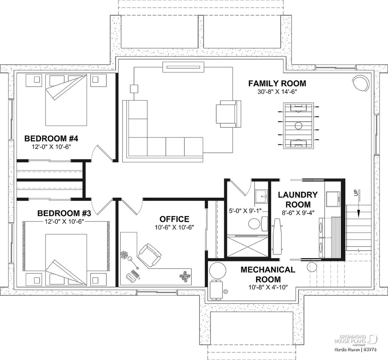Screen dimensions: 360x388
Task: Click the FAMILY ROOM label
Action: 277,83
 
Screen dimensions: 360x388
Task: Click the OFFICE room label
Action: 174,219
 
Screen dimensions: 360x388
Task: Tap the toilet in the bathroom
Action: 254,224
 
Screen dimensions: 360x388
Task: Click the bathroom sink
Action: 260,195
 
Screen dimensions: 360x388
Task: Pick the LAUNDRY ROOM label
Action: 297,199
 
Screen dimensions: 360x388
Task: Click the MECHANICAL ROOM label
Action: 268,274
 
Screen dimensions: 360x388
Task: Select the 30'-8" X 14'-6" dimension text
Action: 277,92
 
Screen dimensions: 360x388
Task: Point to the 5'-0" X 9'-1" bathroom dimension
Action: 245,210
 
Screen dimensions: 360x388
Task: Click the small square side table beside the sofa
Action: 134,89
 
